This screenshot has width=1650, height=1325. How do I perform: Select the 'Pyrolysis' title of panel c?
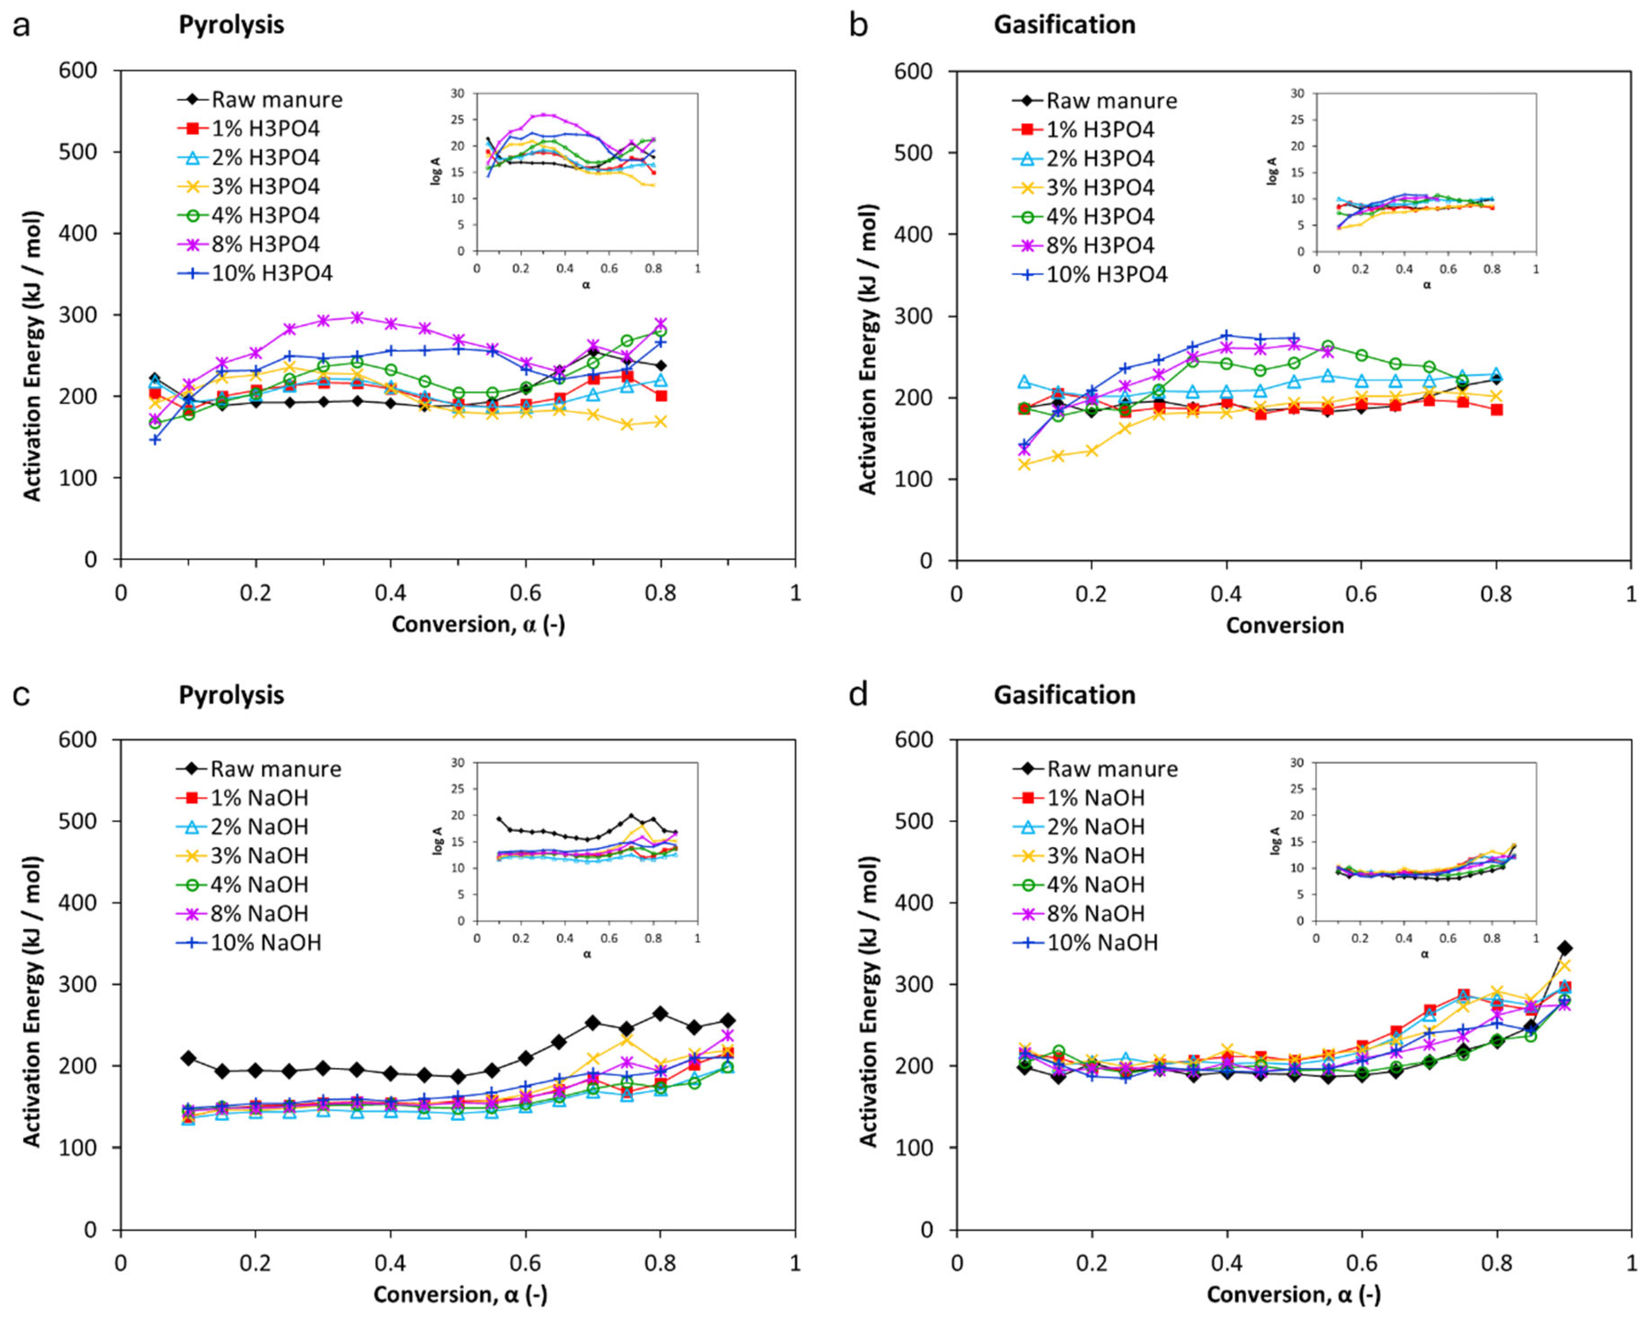coord(231,695)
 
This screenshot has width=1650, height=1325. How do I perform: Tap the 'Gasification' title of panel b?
coord(1065,25)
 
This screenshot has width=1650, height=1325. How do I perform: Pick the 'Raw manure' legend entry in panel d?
coord(1095,769)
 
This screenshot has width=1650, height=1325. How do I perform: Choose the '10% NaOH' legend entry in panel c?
coord(249,942)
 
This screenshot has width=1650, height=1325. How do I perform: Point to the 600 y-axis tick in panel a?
coord(79,70)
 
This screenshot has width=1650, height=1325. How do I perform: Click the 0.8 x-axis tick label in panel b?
coord(1496,594)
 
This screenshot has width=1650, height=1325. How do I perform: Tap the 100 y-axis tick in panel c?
coord(79,1147)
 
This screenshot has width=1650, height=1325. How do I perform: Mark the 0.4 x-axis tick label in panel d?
coord(1227,1262)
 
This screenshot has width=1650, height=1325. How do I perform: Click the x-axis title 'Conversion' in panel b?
coord(1285,625)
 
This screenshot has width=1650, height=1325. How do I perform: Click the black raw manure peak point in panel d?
coord(1564,948)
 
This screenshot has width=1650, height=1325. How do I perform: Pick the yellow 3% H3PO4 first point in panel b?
coord(1024,464)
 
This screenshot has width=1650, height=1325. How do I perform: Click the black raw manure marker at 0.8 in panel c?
coord(660,1013)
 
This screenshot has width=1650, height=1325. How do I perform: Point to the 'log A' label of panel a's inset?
coord(437,172)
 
